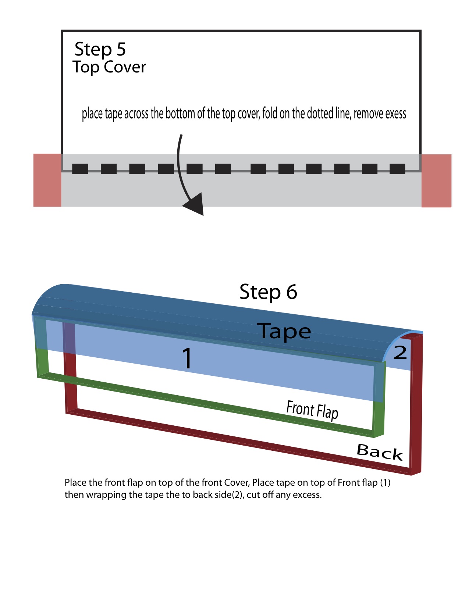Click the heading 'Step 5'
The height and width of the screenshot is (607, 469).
click(100, 49)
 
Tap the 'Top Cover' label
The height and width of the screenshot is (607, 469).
click(109, 67)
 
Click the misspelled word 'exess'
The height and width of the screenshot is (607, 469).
click(395, 114)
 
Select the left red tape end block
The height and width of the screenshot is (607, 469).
click(47, 180)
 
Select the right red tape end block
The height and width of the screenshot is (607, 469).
click(437, 181)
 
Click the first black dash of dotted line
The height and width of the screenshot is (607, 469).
click(80, 169)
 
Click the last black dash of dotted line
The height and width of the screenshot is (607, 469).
click(397, 169)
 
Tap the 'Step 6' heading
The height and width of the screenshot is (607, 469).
click(268, 292)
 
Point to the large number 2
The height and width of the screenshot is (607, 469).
click(400, 353)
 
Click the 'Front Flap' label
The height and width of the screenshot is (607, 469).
click(312, 410)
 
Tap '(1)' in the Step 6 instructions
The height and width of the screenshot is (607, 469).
click(385, 482)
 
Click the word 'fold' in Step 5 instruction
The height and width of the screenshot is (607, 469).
click(270, 114)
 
